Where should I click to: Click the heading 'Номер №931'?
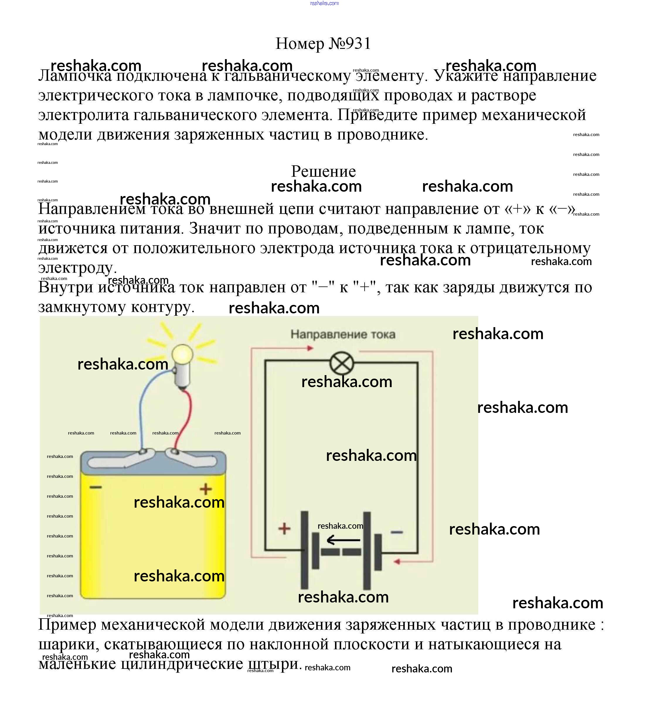click(x=323, y=44)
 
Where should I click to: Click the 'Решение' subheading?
click(x=323, y=171)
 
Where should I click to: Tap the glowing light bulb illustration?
click(x=182, y=354)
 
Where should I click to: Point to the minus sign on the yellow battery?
click(x=96, y=487)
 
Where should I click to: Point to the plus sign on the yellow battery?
click(x=205, y=489)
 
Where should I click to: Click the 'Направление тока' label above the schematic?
click(x=343, y=334)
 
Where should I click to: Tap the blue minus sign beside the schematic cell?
click(x=397, y=532)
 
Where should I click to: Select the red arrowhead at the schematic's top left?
click(x=310, y=348)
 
